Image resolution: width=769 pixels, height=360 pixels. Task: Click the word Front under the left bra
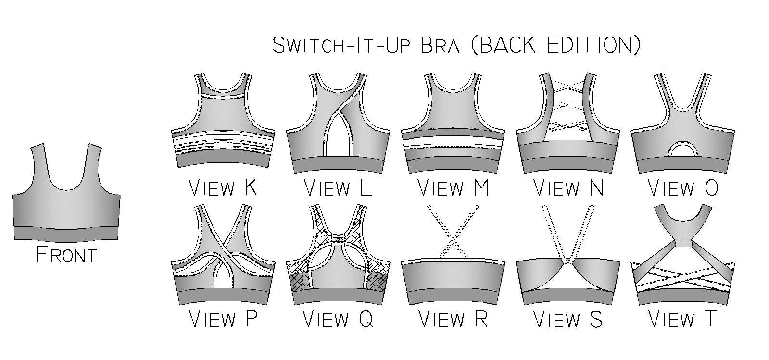[66, 255]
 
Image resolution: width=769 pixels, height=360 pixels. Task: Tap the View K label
[223, 188]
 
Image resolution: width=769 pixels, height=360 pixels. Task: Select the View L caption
[338, 188]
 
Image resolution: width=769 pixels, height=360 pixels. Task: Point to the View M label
[453, 188]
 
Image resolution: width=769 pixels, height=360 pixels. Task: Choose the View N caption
[568, 188]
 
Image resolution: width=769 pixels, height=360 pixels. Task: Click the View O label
[683, 188]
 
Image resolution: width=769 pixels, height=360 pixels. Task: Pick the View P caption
[223, 319]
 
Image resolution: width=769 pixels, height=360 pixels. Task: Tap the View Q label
[338, 319]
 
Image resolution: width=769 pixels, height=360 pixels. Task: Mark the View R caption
[453, 319]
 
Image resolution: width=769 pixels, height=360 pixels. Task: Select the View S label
[568, 319]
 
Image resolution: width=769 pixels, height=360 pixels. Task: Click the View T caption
[683, 319]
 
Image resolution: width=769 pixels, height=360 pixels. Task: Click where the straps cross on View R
[453, 242]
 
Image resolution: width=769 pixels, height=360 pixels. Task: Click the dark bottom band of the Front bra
[66, 234]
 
